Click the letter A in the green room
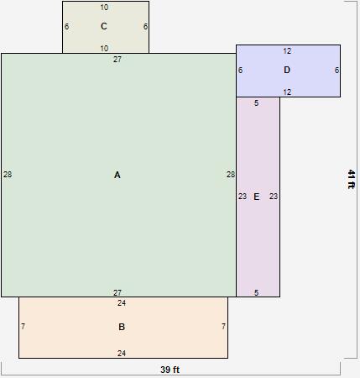pyautogui.click(x=117, y=175)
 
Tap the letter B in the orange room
pyautogui.click(x=122, y=327)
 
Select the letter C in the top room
pyautogui.click(x=104, y=26)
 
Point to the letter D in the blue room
pyautogui.click(x=287, y=71)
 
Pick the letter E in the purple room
pyautogui.click(x=257, y=197)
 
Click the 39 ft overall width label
pyautogui.click(x=170, y=370)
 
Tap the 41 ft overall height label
pyautogui.click(x=351, y=179)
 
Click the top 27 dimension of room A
pyautogui.click(x=117, y=60)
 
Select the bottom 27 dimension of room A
pyautogui.click(x=117, y=292)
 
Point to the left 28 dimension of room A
pyautogui.click(x=8, y=175)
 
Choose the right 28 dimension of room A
pyautogui.click(x=231, y=175)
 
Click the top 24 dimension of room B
pyautogui.click(x=122, y=303)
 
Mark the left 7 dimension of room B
pyautogui.click(x=23, y=327)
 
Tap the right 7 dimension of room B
pyautogui.click(x=223, y=327)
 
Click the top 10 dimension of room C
pyautogui.click(x=104, y=8)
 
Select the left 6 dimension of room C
pyautogui.click(x=66, y=26)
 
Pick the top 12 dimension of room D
pyautogui.click(x=287, y=51)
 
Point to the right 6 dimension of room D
pyautogui.click(x=337, y=71)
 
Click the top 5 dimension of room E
pyautogui.click(x=257, y=103)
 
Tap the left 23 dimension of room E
pyautogui.click(x=243, y=197)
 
